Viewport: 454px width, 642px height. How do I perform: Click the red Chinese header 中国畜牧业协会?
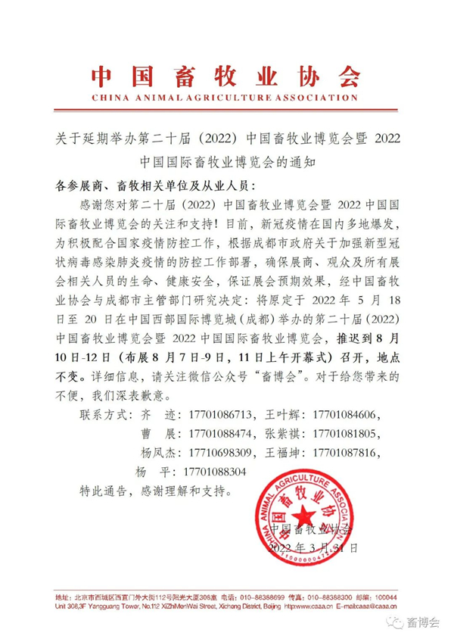point(226,76)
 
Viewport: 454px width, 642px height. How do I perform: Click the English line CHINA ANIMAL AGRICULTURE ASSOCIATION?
point(226,98)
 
